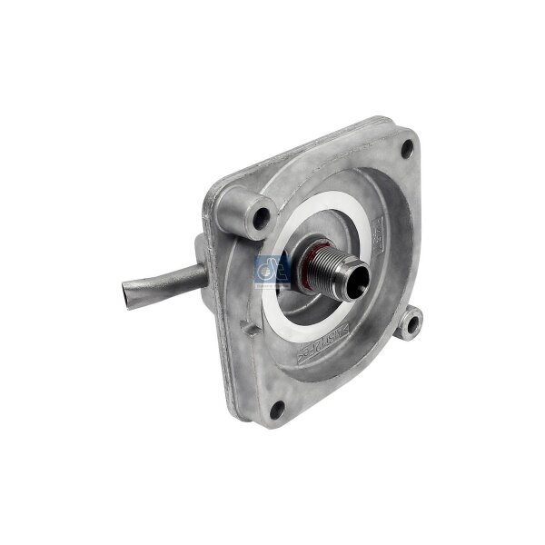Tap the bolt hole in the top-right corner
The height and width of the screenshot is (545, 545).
pyautogui.click(x=406, y=145)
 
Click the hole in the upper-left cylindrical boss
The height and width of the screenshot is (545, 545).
pyautogui.click(x=261, y=218)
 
